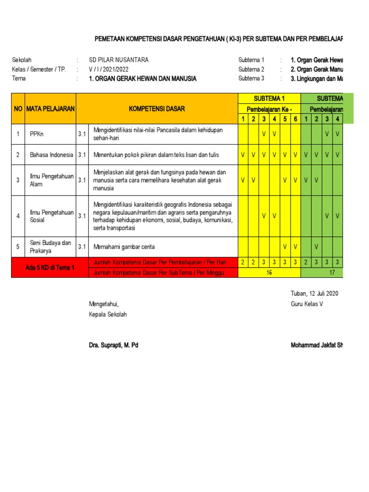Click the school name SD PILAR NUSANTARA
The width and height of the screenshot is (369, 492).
(x=119, y=60)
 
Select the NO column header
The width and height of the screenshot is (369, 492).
(x=18, y=109)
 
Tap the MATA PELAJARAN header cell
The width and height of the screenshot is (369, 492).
(x=50, y=109)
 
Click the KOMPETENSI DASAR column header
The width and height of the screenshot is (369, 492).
(x=157, y=109)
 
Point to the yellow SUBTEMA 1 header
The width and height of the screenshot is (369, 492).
(x=269, y=98)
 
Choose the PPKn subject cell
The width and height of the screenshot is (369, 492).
(x=37, y=134)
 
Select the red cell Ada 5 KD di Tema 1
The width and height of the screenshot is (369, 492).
(x=50, y=268)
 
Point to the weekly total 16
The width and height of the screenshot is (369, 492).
(x=269, y=272)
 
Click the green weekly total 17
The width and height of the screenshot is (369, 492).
(x=332, y=272)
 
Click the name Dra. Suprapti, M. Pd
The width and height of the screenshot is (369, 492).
(x=113, y=345)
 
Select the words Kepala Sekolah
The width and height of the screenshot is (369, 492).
(x=108, y=314)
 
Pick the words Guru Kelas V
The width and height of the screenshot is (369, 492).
(x=307, y=304)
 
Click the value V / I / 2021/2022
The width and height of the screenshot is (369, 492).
(x=109, y=69)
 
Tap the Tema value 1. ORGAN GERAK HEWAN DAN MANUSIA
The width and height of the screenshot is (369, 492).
(x=143, y=78)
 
